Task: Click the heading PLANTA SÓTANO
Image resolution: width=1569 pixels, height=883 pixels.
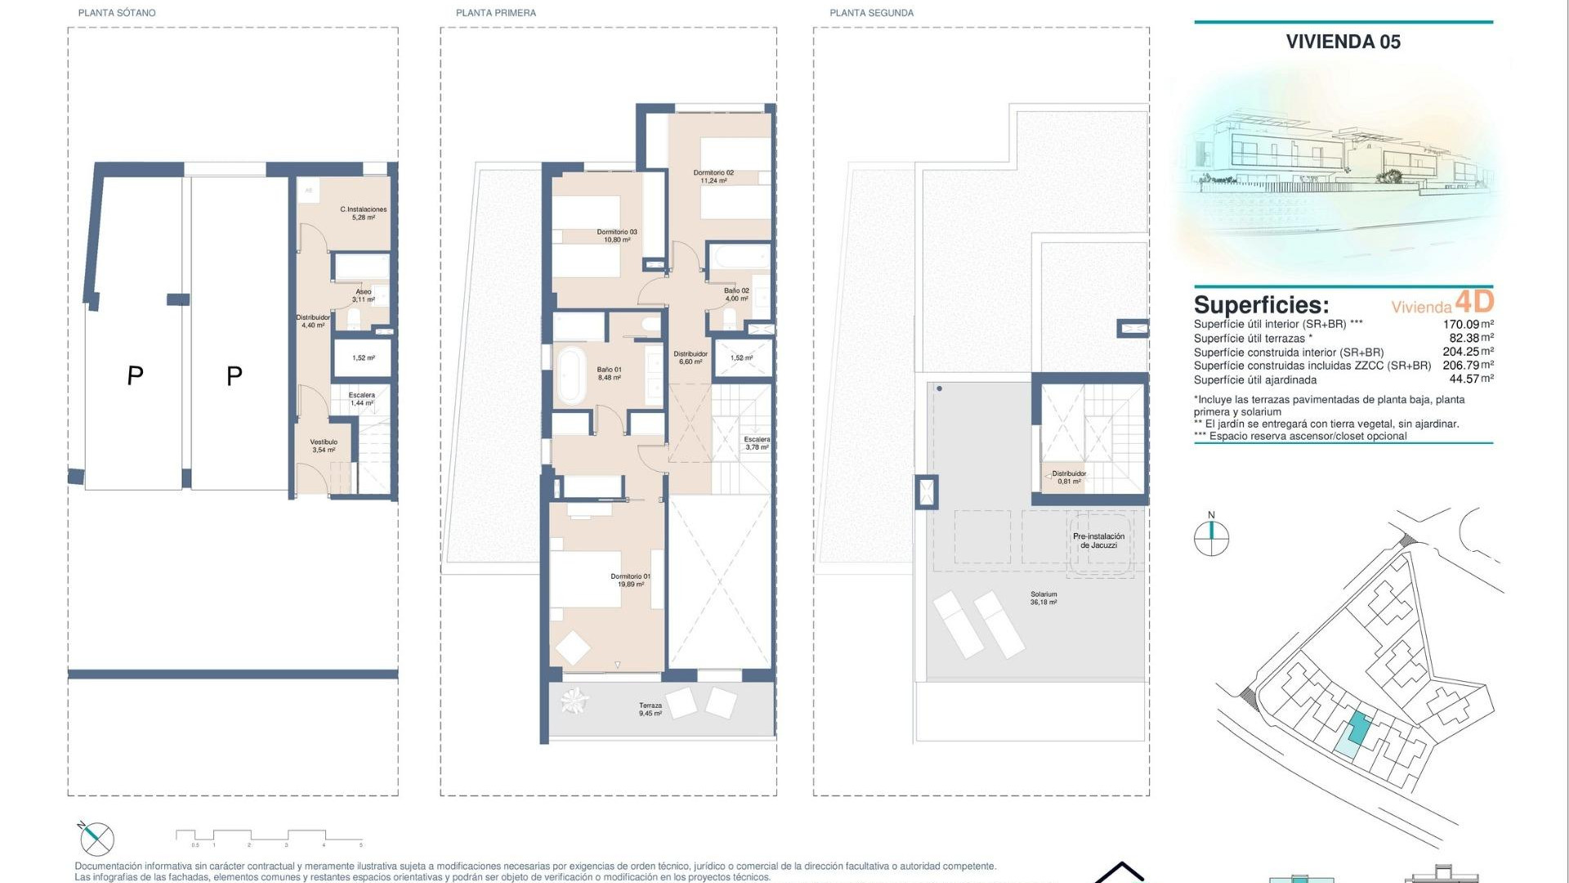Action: click(117, 13)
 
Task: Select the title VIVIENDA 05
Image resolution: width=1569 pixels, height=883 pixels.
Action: click(1343, 42)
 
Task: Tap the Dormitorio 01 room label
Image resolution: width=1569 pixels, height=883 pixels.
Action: click(630, 580)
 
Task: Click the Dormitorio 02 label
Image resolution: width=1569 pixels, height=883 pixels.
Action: click(713, 177)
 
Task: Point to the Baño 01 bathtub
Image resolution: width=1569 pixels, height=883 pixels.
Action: click(570, 375)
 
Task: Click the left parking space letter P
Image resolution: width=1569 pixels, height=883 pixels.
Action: click(136, 376)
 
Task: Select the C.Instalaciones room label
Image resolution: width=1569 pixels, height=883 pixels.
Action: click(363, 213)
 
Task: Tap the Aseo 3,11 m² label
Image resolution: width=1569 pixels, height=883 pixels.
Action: click(363, 295)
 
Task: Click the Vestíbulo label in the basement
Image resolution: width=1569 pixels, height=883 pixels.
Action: click(324, 446)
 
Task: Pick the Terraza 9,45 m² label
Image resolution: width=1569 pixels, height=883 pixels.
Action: click(650, 709)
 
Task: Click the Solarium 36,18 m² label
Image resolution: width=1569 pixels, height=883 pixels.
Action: click(1044, 598)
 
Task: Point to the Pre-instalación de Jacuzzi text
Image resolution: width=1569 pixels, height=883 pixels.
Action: click(1098, 540)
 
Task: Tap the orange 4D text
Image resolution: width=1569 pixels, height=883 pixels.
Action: click(1474, 302)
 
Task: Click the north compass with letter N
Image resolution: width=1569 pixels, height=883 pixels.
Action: click(1211, 536)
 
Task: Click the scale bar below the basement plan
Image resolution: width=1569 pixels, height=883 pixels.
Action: click(269, 836)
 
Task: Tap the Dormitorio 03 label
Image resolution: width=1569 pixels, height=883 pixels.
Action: click(616, 235)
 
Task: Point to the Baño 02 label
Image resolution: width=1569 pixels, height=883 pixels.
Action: click(735, 294)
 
